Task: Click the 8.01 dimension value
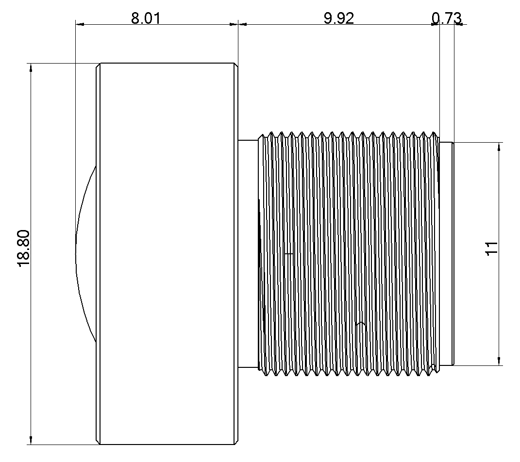tap(145, 18)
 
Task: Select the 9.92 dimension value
tap(339, 18)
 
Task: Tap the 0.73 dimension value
tap(446, 18)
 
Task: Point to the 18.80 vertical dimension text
tap(25, 248)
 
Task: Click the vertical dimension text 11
tap(491, 248)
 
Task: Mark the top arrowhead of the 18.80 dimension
tap(31, 67)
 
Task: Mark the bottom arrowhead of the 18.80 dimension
tap(31, 440)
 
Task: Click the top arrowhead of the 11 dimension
tap(499, 147)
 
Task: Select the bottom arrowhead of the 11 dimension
tap(499, 361)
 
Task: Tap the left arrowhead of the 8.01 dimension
tap(80, 24)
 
